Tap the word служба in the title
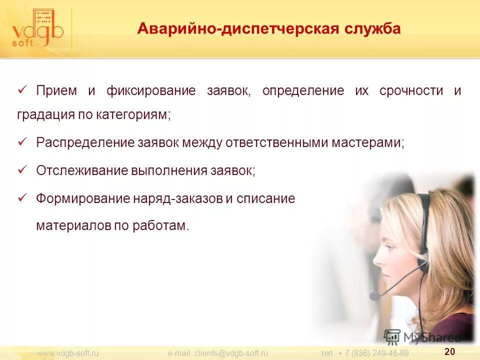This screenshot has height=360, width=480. [x=371, y=28]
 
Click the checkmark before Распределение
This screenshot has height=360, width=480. [x=22, y=141]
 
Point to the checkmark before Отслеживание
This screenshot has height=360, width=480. [x=22, y=169]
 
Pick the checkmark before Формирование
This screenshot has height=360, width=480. [x=22, y=197]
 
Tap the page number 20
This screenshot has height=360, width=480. [x=449, y=351]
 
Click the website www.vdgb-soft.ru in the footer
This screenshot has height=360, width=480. [x=67, y=353]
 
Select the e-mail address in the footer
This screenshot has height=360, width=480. [x=218, y=353]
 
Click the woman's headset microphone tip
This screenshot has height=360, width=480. [x=374, y=296]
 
